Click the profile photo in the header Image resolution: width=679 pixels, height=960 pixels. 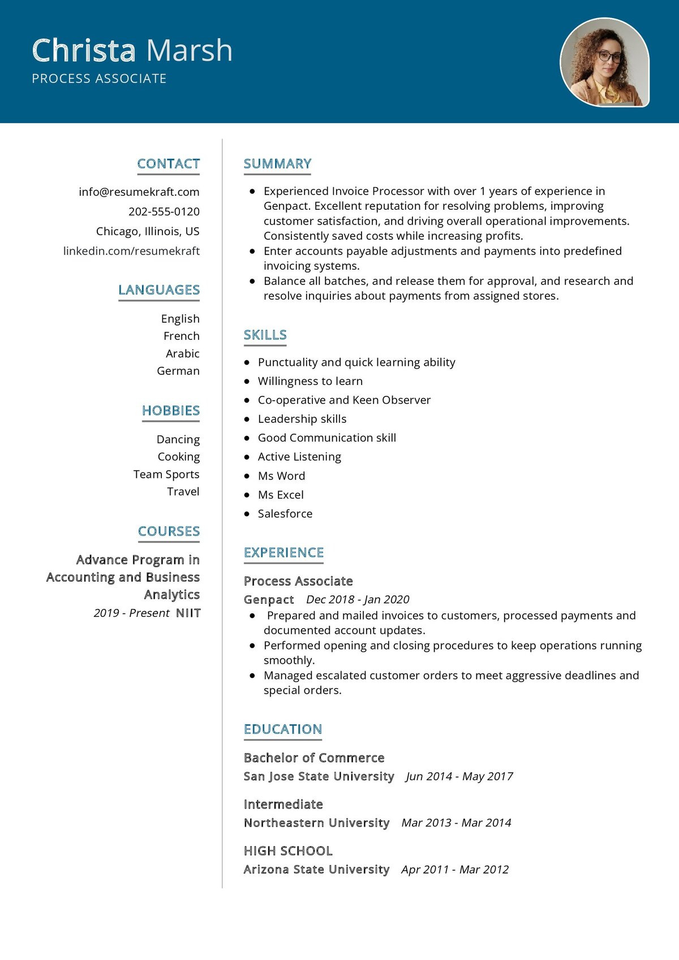tap(604, 62)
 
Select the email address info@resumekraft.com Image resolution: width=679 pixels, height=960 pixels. tap(139, 192)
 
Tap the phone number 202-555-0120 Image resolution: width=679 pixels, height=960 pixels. tap(164, 212)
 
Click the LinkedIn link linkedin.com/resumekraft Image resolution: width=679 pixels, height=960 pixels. tap(131, 251)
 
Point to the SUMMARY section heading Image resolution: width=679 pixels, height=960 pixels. tap(277, 164)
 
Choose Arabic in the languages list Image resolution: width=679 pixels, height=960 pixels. tap(182, 354)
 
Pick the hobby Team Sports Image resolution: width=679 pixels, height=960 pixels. tap(166, 474)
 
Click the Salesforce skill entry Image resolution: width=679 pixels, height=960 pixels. tap(285, 514)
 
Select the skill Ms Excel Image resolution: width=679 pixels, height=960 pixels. tap(281, 495)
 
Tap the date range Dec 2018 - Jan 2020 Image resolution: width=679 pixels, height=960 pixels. tap(358, 600)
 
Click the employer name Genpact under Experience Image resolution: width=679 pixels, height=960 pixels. tap(269, 600)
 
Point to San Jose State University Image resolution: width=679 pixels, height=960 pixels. tap(319, 777)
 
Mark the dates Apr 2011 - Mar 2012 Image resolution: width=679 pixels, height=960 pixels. tap(455, 870)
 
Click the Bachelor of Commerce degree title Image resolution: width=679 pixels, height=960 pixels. tap(314, 758)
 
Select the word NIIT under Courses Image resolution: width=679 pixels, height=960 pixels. tap(188, 613)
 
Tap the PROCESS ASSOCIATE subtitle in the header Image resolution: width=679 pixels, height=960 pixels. tap(99, 79)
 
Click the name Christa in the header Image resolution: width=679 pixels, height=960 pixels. tap(84, 50)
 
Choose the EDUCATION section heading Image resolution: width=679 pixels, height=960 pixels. tap(282, 729)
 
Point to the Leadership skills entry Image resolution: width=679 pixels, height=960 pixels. tap(302, 420)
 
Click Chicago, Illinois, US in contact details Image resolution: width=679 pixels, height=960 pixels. tap(148, 232)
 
